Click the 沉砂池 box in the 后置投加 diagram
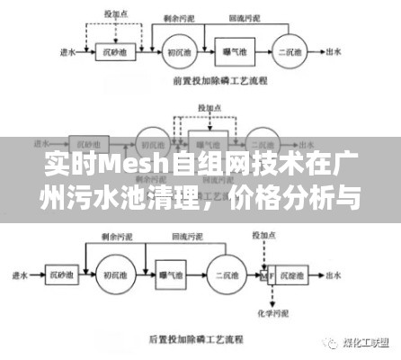[62, 274]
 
